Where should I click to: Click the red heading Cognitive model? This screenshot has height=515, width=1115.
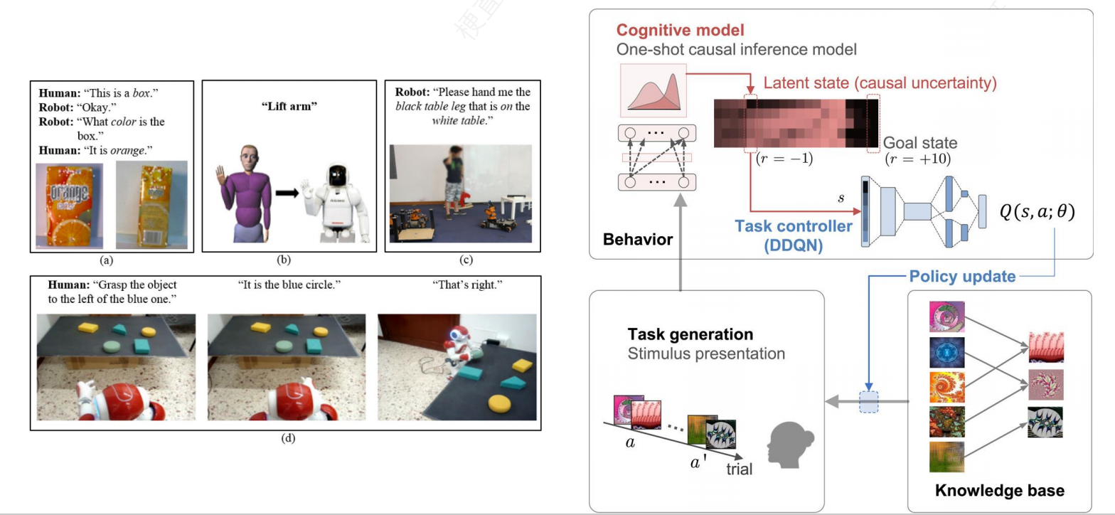pos(681,31)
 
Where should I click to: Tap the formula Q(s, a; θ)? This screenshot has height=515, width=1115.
pos(1037,211)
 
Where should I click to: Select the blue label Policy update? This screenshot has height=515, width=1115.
pos(963,276)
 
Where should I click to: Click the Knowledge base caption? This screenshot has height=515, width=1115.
pos(999,491)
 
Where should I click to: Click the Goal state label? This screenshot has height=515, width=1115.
pos(920,142)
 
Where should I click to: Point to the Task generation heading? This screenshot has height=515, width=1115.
pos(690,334)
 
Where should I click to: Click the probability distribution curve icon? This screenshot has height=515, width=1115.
pos(653,90)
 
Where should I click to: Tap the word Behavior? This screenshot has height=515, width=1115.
pos(637,239)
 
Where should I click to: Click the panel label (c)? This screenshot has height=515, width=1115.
pos(464,260)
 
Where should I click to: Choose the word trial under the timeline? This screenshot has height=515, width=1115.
pos(740,469)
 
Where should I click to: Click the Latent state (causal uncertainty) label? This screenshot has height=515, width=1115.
pos(880,83)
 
